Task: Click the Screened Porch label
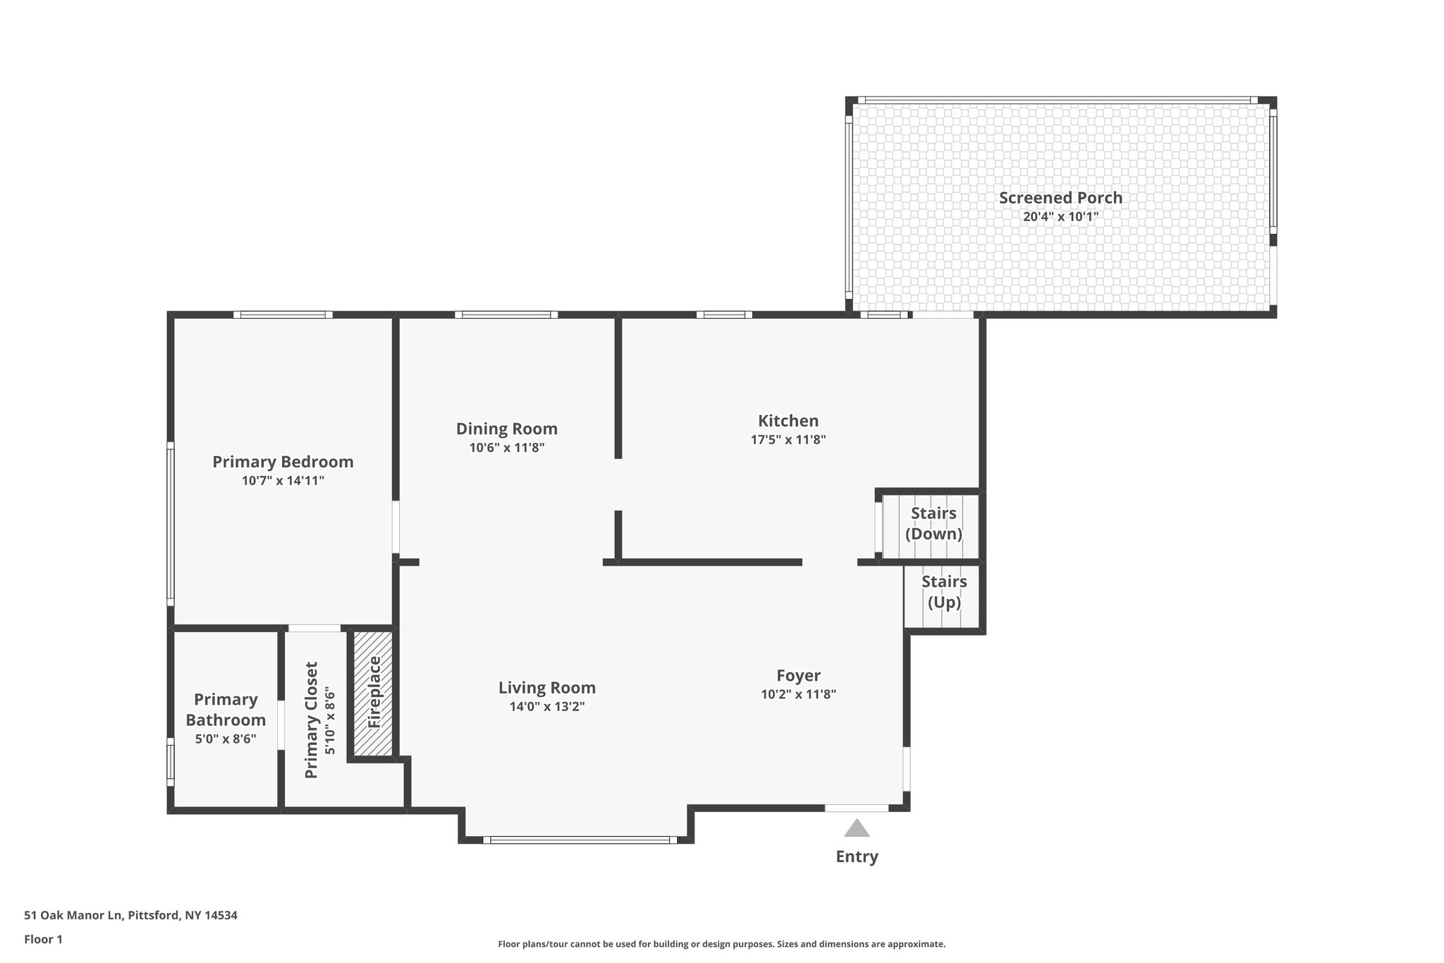1060,198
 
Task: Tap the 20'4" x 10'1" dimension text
1060,217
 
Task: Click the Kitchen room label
788,421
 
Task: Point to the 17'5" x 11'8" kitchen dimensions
788,440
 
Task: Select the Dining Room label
506,429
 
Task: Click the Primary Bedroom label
283,462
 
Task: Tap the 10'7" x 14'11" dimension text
283,481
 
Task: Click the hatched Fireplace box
373,693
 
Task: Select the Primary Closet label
312,720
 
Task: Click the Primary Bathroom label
226,710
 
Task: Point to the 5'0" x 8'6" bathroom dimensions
226,739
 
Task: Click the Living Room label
546,688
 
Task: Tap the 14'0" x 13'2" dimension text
546,707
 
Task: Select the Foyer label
798,676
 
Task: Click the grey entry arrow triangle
857,829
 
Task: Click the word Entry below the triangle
857,857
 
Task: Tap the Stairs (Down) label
933,523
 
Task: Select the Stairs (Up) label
944,592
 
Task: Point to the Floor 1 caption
43,940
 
